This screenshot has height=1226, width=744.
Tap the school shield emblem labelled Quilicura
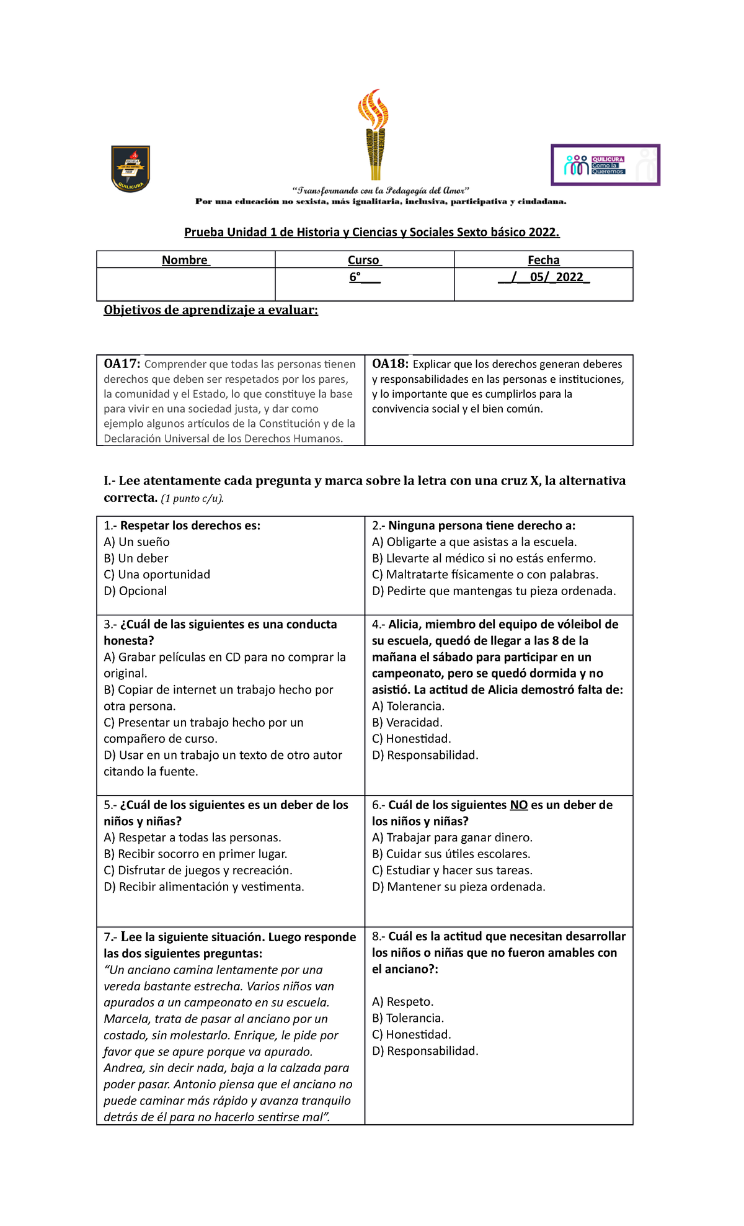[x=130, y=169]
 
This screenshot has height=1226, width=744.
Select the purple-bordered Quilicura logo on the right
[x=605, y=165]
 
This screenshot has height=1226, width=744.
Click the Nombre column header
[x=185, y=260]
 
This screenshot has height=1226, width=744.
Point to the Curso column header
[x=364, y=260]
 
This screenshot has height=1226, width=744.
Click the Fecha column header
[x=543, y=260]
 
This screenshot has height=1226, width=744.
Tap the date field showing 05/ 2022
[x=544, y=277]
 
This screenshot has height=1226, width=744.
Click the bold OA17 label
[x=122, y=364]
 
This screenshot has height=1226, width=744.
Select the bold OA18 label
[x=390, y=364]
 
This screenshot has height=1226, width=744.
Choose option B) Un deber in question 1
[x=136, y=558]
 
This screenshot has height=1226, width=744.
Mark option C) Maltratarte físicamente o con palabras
[x=485, y=575]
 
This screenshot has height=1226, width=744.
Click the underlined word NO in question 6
[x=518, y=805]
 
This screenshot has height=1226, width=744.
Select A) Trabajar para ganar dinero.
[x=452, y=838]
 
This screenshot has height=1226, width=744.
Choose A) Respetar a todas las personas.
[x=192, y=838]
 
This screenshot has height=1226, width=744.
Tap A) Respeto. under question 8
[x=402, y=1001]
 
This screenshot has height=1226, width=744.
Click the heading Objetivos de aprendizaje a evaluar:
[x=211, y=310]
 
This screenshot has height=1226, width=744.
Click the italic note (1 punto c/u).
[x=192, y=498]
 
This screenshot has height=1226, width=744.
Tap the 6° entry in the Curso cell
[x=355, y=277]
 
